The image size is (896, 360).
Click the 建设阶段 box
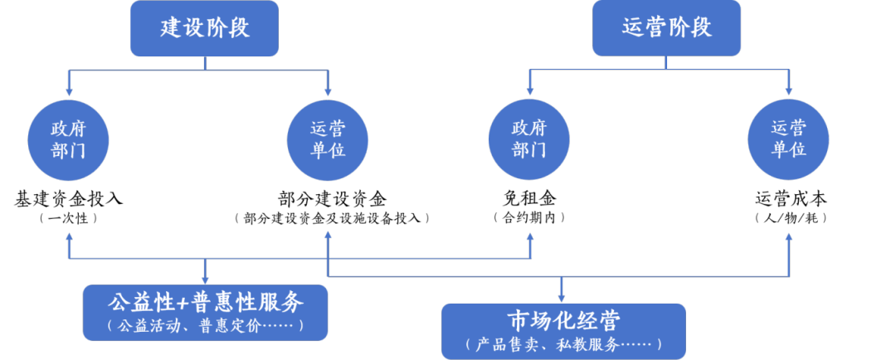[205, 28]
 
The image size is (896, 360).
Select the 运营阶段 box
[666, 28]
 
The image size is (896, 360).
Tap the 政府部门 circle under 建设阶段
[69, 140]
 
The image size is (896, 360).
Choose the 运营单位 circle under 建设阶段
[328, 140]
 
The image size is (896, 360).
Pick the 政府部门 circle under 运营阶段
[529, 140]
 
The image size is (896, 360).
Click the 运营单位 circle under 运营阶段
[788, 140]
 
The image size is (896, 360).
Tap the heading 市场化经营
[563, 320]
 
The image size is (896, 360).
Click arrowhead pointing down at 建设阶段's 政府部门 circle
[69, 91]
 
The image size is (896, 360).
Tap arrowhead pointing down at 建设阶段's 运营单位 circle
[328, 91]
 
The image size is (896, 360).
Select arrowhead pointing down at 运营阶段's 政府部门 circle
[529, 91]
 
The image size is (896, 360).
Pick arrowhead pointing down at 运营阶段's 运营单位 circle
[788, 91]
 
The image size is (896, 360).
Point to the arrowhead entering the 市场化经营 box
[563, 298]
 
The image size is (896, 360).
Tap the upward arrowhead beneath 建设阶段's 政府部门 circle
[69, 237]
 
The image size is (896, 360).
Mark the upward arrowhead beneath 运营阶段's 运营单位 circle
[788, 237]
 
